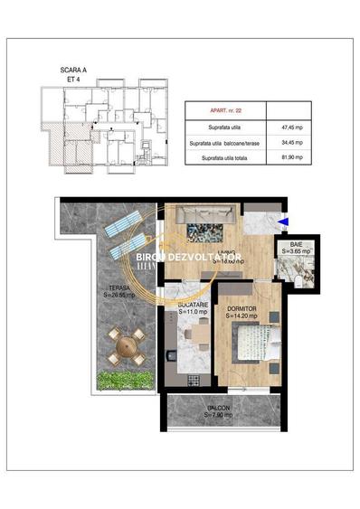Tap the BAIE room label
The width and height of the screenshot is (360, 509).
click(296, 245)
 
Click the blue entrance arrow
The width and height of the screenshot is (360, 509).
click(284, 220)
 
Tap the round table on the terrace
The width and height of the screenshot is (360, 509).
click(126, 344)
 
